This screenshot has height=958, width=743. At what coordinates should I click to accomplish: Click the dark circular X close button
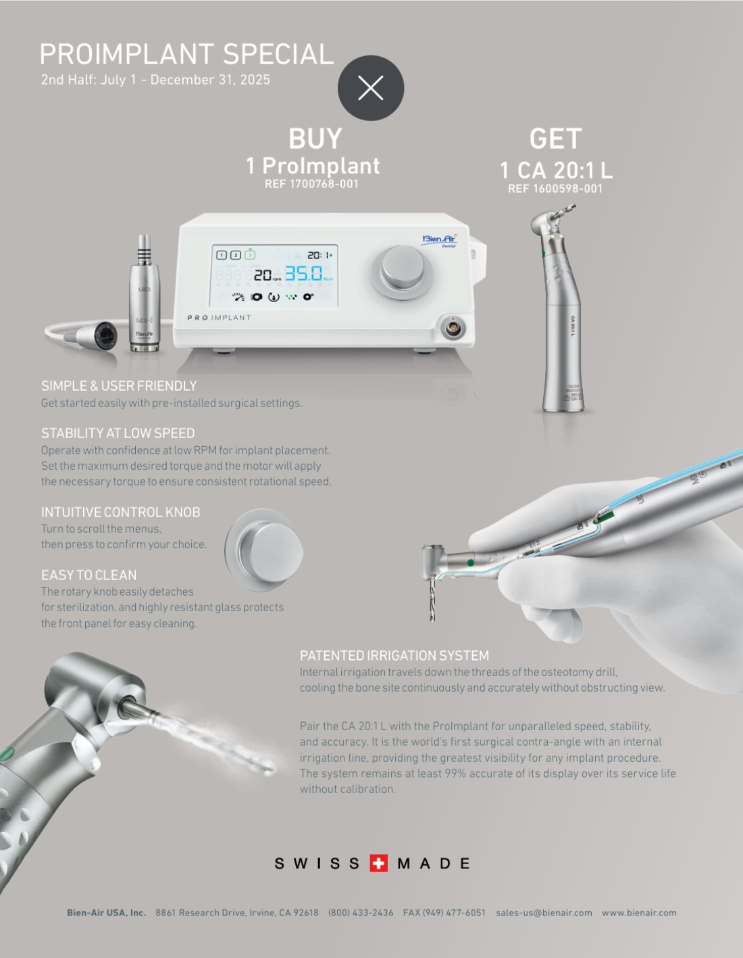(371, 88)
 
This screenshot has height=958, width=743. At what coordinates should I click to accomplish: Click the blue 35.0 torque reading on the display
(304, 274)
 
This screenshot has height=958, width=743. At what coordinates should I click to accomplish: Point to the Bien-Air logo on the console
(439, 239)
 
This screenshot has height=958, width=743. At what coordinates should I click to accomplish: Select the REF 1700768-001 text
(311, 184)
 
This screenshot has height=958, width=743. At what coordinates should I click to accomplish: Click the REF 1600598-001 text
(555, 189)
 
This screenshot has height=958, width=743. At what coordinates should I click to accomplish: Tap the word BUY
(315, 139)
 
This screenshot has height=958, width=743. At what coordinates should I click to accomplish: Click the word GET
(555, 139)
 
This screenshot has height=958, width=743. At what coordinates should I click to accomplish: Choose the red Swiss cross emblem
(379, 863)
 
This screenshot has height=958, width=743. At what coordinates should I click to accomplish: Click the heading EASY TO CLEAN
(88, 575)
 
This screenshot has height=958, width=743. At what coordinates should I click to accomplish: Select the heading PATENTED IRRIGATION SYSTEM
(394, 656)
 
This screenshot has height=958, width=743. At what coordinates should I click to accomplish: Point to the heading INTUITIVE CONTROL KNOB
(120, 512)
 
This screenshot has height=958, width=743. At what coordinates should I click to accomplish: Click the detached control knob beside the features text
(265, 550)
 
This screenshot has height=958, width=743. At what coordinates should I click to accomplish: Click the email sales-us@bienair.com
(544, 913)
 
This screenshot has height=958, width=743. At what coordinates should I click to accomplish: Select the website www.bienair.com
(639, 913)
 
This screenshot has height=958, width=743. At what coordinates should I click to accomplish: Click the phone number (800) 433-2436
(361, 913)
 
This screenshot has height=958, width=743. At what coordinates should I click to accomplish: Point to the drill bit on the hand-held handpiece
(432, 601)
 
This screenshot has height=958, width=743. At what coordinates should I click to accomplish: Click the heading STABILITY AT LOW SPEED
(118, 433)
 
